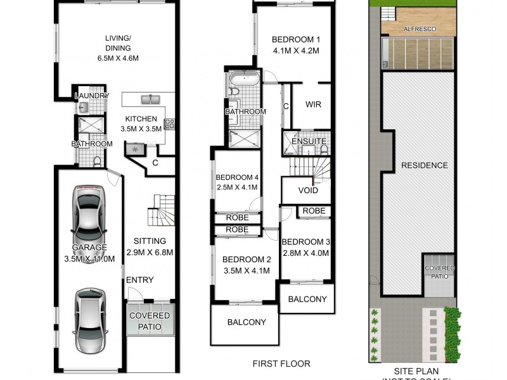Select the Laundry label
[88, 96]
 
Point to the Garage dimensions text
[89, 258]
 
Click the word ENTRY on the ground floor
[139, 280]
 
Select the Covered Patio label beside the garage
[150, 321]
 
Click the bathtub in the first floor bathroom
[243, 81]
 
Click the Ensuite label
[309, 141]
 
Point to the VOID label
[307, 191]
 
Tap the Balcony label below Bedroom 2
[247, 322]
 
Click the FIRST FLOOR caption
[281, 364]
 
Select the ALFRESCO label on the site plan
[419, 29]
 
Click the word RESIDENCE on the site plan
[424, 166]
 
